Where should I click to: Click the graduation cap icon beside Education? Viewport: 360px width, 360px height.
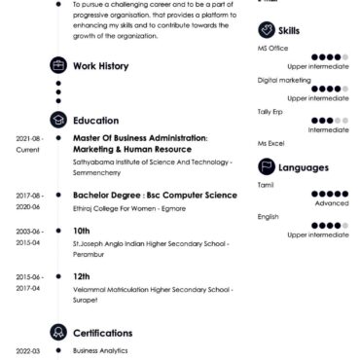tap(58, 118)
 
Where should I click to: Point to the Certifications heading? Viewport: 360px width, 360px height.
tap(107, 330)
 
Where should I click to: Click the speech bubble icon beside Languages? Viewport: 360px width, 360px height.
tap(266, 166)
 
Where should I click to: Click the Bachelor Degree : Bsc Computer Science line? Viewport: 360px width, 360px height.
tap(155, 195)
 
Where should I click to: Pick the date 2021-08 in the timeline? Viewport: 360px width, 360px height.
tap(28, 139)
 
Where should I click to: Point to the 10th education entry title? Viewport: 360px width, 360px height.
tap(82, 231)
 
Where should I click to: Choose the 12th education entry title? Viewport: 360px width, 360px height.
tap(82, 276)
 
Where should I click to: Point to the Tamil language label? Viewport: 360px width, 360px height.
tap(266, 184)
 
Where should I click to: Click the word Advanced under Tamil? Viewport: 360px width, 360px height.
tap(331, 203)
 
